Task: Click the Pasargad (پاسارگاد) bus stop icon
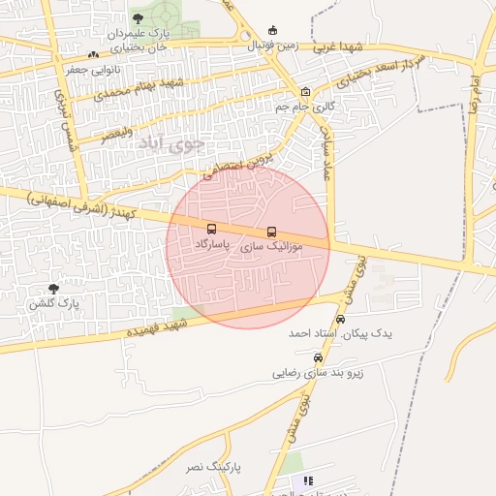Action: [x=211, y=230]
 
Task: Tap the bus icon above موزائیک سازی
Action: [x=271, y=232]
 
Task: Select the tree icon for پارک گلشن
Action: [x=53, y=289]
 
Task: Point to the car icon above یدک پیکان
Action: [x=340, y=319]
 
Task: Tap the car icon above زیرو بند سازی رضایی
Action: [x=317, y=357]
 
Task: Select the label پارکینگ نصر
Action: [x=210, y=468]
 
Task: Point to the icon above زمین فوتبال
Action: [x=273, y=29]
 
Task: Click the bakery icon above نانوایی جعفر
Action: [x=93, y=55]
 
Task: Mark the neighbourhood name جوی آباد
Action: [x=173, y=144]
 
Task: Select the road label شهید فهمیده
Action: [x=155, y=328]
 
